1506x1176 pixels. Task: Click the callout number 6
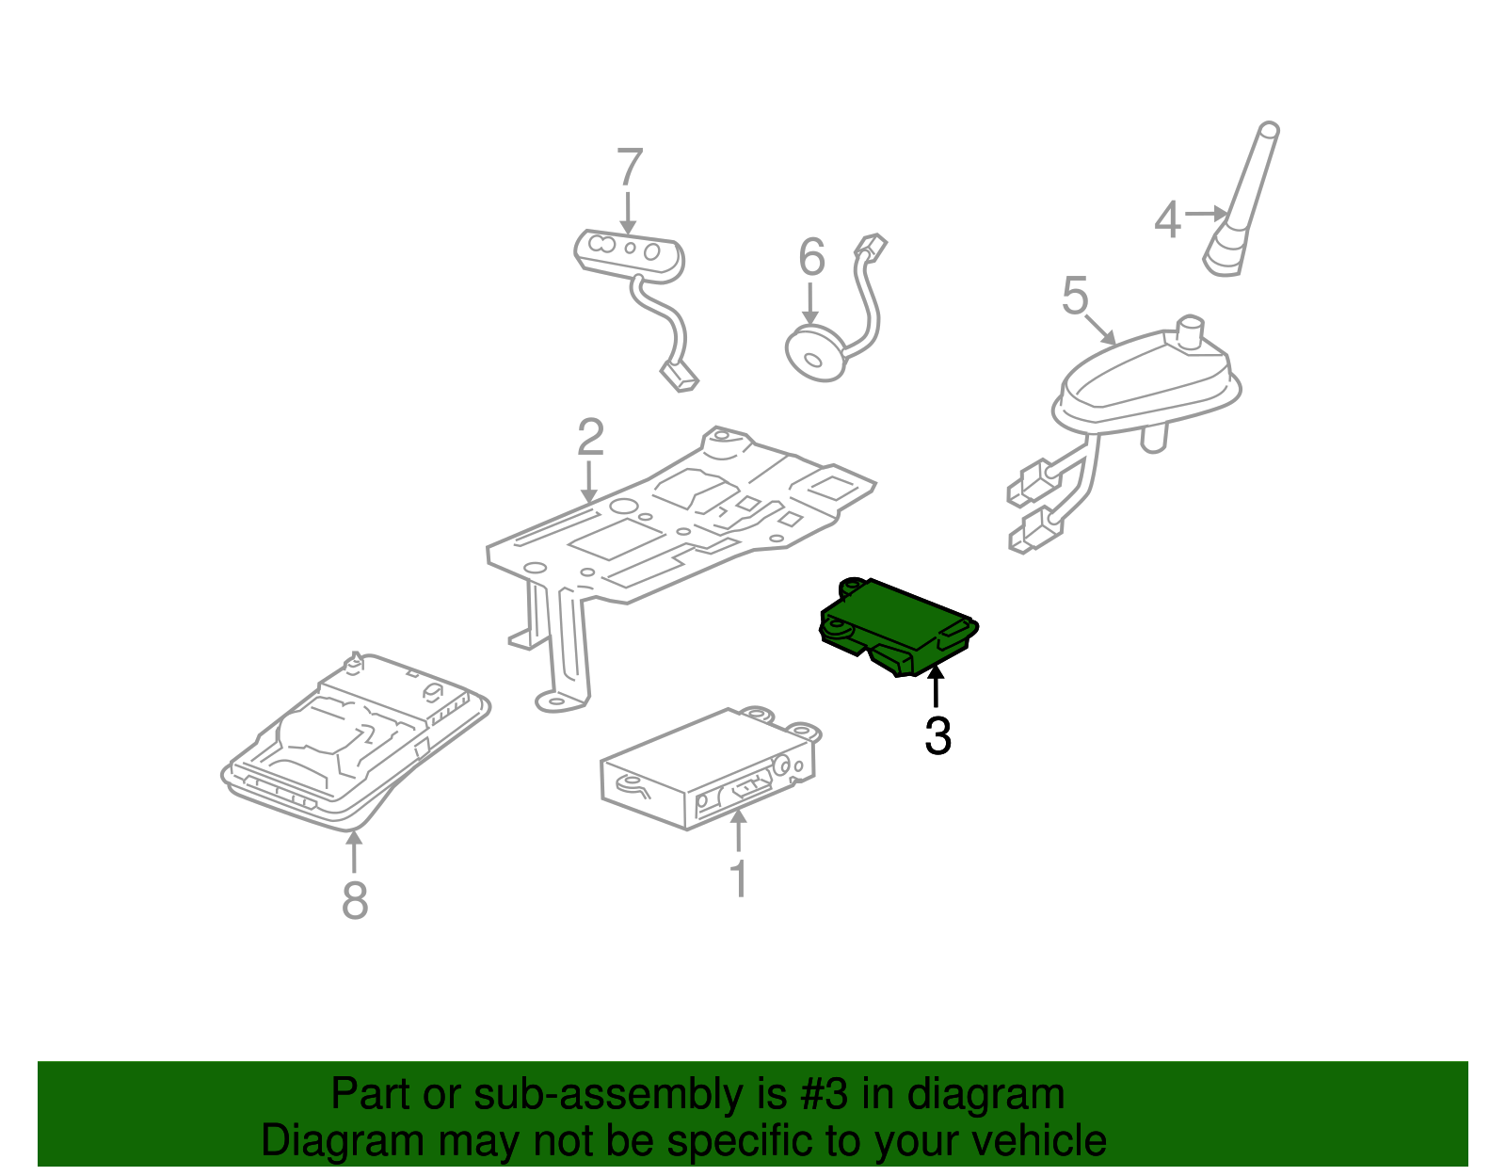(x=811, y=257)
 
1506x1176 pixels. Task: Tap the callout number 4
(x=1167, y=220)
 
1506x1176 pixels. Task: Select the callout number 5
(x=1075, y=296)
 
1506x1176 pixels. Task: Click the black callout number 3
(x=937, y=736)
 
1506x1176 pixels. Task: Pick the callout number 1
(x=739, y=878)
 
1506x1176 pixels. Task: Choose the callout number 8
(x=354, y=900)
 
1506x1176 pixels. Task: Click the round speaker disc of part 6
(x=815, y=354)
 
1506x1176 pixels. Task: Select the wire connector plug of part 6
(x=870, y=247)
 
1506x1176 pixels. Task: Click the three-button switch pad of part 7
(x=628, y=252)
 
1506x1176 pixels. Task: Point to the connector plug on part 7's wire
(x=680, y=378)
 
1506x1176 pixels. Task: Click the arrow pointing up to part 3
(x=936, y=685)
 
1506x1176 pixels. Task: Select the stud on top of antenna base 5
(x=1192, y=331)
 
